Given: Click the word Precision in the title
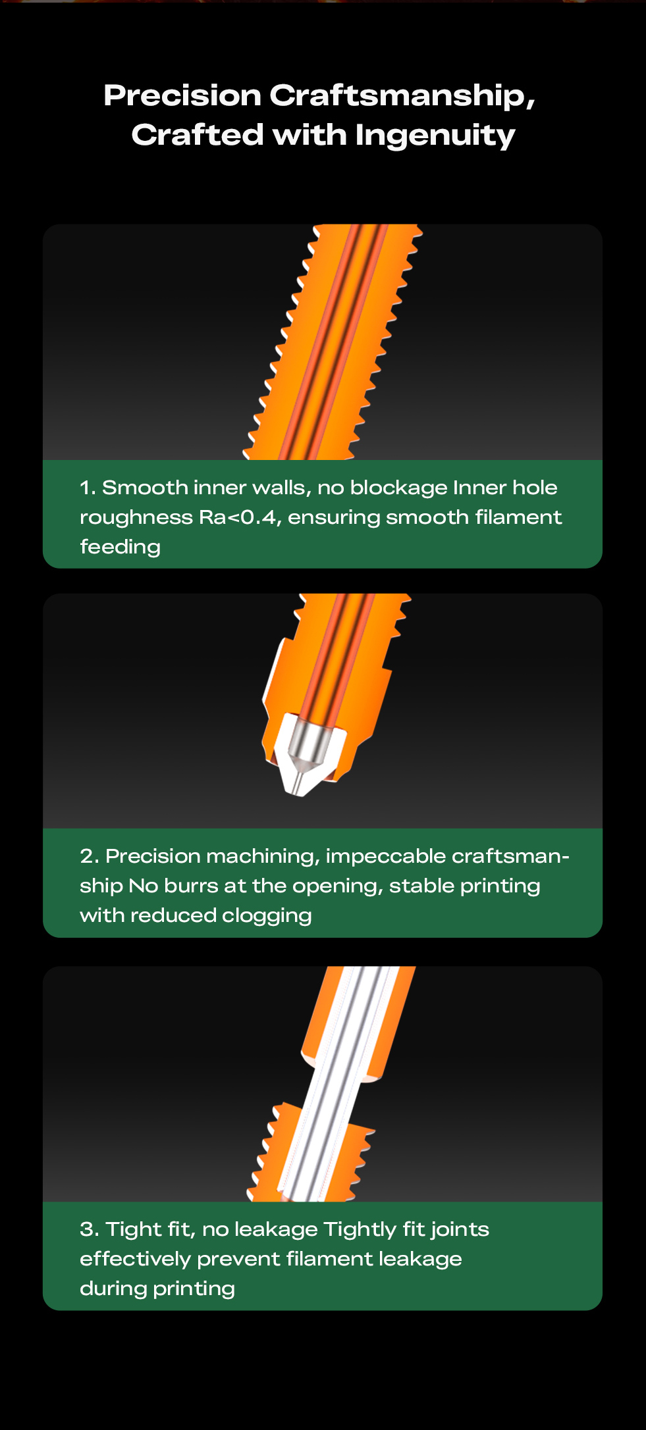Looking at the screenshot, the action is (x=182, y=95).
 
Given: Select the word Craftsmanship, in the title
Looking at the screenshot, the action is (x=402, y=96).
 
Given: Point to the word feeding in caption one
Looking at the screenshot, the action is (x=120, y=547).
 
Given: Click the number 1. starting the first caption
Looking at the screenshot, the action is (x=88, y=488).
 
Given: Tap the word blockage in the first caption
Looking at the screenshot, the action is (x=398, y=488).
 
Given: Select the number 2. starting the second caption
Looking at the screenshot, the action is (x=90, y=856).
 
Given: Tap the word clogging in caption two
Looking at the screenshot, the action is (x=267, y=916).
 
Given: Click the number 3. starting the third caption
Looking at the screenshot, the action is (x=90, y=1229).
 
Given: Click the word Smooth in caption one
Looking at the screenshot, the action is (x=145, y=488).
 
